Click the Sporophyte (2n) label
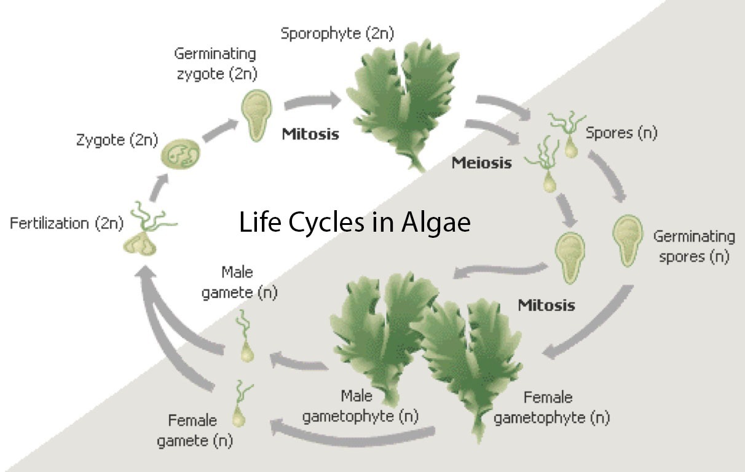coord(337,33)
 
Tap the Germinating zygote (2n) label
coord(215,64)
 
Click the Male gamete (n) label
coord(239,282)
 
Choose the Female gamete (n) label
coord(195,430)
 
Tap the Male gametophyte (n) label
coord(361,407)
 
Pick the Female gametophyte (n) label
coord(551,407)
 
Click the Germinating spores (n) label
coord(693,246)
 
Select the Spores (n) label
coord(621,133)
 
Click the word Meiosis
coord(481,163)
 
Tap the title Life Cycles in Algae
coord(355,222)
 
